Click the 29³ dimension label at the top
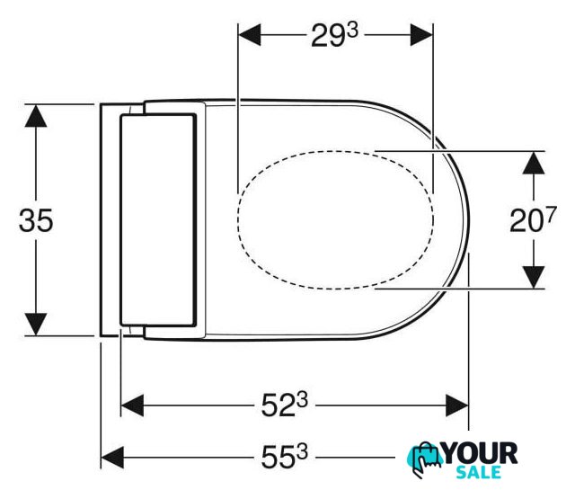[x=334, y=35]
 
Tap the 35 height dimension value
[x=36, y=220]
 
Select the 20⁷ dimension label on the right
[x=533, y=219]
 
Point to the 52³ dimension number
[x=284, y=405]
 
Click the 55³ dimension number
[x=284, y=458]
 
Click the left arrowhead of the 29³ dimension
[x=250, y=35]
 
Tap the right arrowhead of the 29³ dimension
[x=421, y=35]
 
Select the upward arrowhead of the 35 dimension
[x=36, y=116]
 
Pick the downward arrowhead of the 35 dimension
[x=36, y=324]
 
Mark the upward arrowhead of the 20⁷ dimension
[x=534, y=163]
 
